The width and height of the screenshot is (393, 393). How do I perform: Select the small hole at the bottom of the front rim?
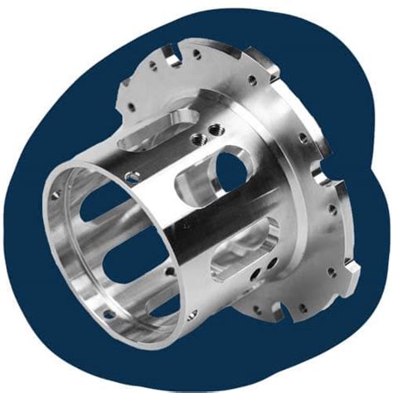(x=109, y=313)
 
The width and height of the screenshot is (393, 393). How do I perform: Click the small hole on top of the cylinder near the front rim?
(x=131, y=175)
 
